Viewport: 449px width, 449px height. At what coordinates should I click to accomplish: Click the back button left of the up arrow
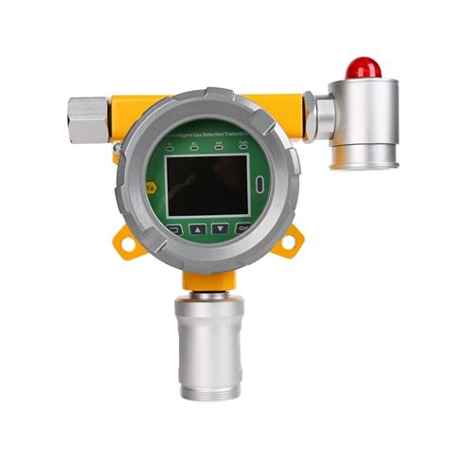point(174,228)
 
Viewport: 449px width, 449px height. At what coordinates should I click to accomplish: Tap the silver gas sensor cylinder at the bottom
point(209,332)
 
